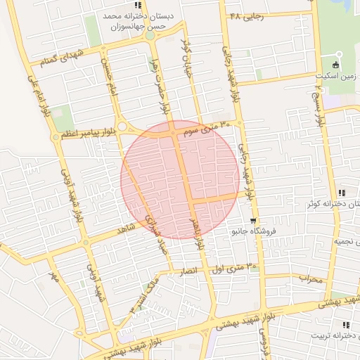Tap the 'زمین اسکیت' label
click(x=340, y=74)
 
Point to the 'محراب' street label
click(x=309, y=278)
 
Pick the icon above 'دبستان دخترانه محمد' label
click(x=138, y=5)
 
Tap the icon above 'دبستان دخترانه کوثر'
click(x=341, y=193)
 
